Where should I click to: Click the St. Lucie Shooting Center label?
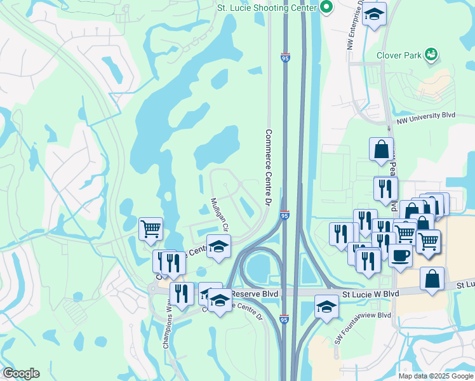click(267, 8)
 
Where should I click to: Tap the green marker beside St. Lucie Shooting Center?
click(327, 8)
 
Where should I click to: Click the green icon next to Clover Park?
click(432, 55)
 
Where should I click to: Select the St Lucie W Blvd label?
click(370, 294)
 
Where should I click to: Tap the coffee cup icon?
click(400, 255)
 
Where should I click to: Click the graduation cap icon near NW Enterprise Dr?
click(375, 13)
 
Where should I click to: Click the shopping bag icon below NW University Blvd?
click(382, 149)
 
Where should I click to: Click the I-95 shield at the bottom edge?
click(284, 321)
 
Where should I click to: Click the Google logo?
click(21, 373)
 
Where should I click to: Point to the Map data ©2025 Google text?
click(435, 375)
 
